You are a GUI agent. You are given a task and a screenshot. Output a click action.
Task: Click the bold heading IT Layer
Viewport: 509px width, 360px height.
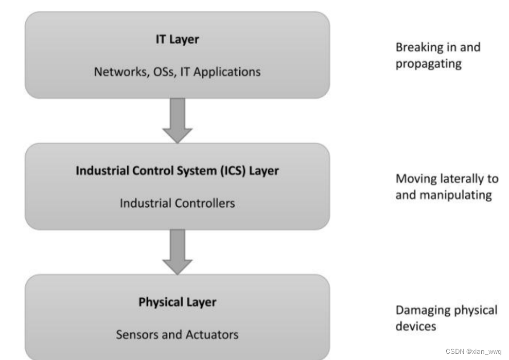coord(177,39)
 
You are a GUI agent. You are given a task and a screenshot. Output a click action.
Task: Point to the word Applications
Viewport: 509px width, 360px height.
coord(227,72)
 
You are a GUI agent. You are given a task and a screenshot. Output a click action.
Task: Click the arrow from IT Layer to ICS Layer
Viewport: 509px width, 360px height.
coord(177,120)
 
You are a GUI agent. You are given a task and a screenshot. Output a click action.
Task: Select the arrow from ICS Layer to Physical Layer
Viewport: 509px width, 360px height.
coord(177,252)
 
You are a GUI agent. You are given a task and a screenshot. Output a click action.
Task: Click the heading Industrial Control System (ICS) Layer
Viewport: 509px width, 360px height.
coord(177,171)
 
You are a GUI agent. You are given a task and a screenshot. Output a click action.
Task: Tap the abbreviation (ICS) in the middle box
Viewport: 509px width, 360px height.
coord(233,171)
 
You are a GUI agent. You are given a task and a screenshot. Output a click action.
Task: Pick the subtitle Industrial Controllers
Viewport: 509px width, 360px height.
coord(177,203)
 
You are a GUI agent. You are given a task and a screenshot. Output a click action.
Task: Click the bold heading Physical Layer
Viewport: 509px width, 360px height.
coord(177,302)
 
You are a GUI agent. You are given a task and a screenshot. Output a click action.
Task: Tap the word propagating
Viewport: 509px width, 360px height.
coord(429,64)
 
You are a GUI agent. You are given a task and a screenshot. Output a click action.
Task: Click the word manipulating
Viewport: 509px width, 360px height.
coord(456,195)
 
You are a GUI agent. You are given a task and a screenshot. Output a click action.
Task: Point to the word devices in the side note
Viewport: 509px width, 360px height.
coord(416,326)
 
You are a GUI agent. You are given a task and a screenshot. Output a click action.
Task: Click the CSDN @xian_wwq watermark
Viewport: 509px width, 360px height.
coord(473,352)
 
